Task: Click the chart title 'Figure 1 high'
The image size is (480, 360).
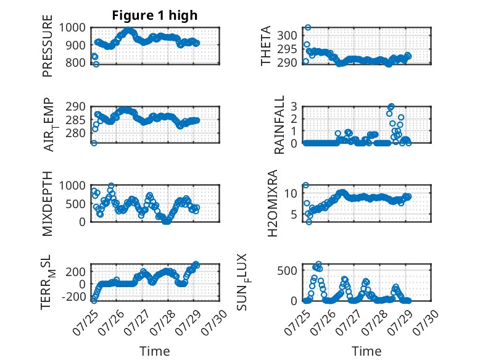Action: [155, 15]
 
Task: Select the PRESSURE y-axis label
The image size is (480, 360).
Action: [48, 46]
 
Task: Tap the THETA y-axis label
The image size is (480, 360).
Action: [266, 46]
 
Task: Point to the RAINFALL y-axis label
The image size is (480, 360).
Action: [279, 125]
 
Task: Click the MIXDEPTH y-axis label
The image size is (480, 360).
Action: [48, 204]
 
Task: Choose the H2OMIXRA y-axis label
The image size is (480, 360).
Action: [272, 203]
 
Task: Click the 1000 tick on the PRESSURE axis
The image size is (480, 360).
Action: [72, 28]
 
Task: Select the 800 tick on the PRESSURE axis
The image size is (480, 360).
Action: [76, 62]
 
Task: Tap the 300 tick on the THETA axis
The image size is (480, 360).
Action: [287, 35]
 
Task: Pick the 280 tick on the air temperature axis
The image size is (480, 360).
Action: [76, 133]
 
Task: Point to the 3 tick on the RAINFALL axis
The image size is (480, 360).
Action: [294, 107]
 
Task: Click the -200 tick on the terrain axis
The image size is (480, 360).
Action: [74, 296]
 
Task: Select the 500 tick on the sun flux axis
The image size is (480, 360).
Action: [287, 270]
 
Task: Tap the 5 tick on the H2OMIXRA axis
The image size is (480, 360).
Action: [294, 214]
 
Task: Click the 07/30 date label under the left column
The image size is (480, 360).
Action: [214, 322]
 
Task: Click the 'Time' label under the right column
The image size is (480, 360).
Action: [366, 351]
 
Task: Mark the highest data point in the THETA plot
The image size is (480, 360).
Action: [308, 28]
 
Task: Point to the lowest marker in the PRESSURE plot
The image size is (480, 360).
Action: [96, 64]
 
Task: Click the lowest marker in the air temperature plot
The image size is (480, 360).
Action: [94, 143]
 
